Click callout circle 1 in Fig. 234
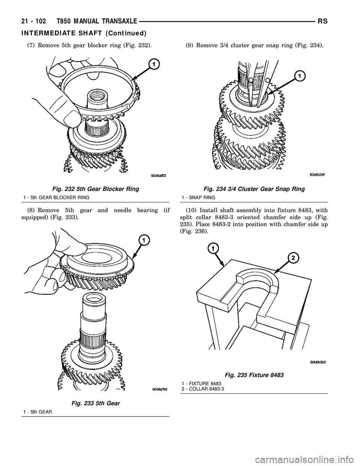point(300,76)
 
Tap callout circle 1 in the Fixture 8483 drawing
point(213,248)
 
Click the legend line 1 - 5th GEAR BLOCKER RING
point(56,197)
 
